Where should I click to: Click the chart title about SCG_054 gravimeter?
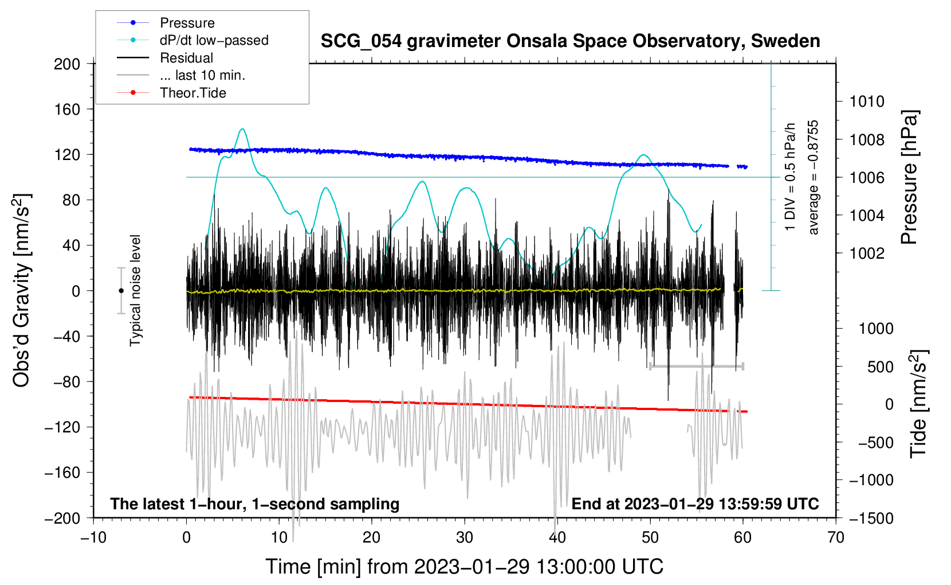click(570, 41)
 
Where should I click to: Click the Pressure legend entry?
click(187, 23)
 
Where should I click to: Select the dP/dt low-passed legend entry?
click(214, 40)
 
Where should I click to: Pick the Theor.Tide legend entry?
click(192, 93)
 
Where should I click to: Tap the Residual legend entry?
click(186, 58)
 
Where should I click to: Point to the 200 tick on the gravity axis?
click(67, 64)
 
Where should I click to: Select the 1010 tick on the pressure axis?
click(867, 102)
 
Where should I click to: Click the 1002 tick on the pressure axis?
click(867, 253)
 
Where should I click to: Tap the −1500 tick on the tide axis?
click(871, 518)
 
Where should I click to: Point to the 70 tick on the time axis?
click(836, 537)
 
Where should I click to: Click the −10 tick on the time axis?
click(93, 537)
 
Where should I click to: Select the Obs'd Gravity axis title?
click(22, 291)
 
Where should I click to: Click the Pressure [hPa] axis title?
click(909, 177)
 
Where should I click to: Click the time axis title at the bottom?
click(464, 567)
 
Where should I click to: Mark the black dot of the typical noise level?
click(121, 291)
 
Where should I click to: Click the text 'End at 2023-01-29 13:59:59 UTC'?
click(695, 504)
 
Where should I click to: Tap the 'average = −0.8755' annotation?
click(814, 177)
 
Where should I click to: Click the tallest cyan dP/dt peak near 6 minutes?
click(242, 129)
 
